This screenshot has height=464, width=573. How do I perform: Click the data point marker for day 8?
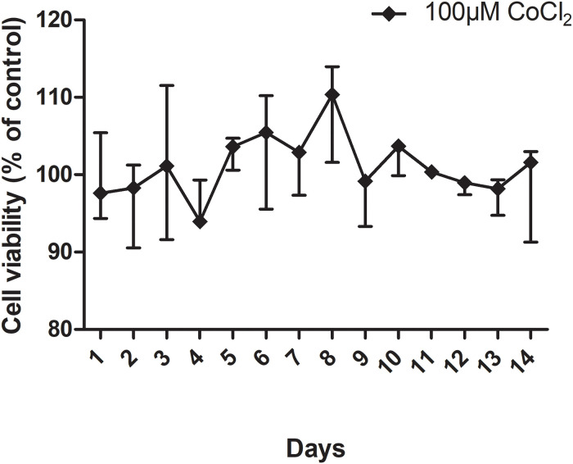tap(332, 95)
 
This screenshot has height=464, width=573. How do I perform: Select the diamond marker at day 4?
tap(200, 222)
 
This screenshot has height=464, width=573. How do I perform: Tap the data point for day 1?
tap(100, 193)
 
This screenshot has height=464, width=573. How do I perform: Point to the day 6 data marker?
tap(266, 132)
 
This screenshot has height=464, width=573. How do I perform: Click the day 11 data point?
tap(431, 172)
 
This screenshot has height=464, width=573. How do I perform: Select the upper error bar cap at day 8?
tap(332, 67)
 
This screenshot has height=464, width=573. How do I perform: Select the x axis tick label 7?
tap(298, 352)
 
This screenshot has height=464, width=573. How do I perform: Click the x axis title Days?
tap(315, 448)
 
